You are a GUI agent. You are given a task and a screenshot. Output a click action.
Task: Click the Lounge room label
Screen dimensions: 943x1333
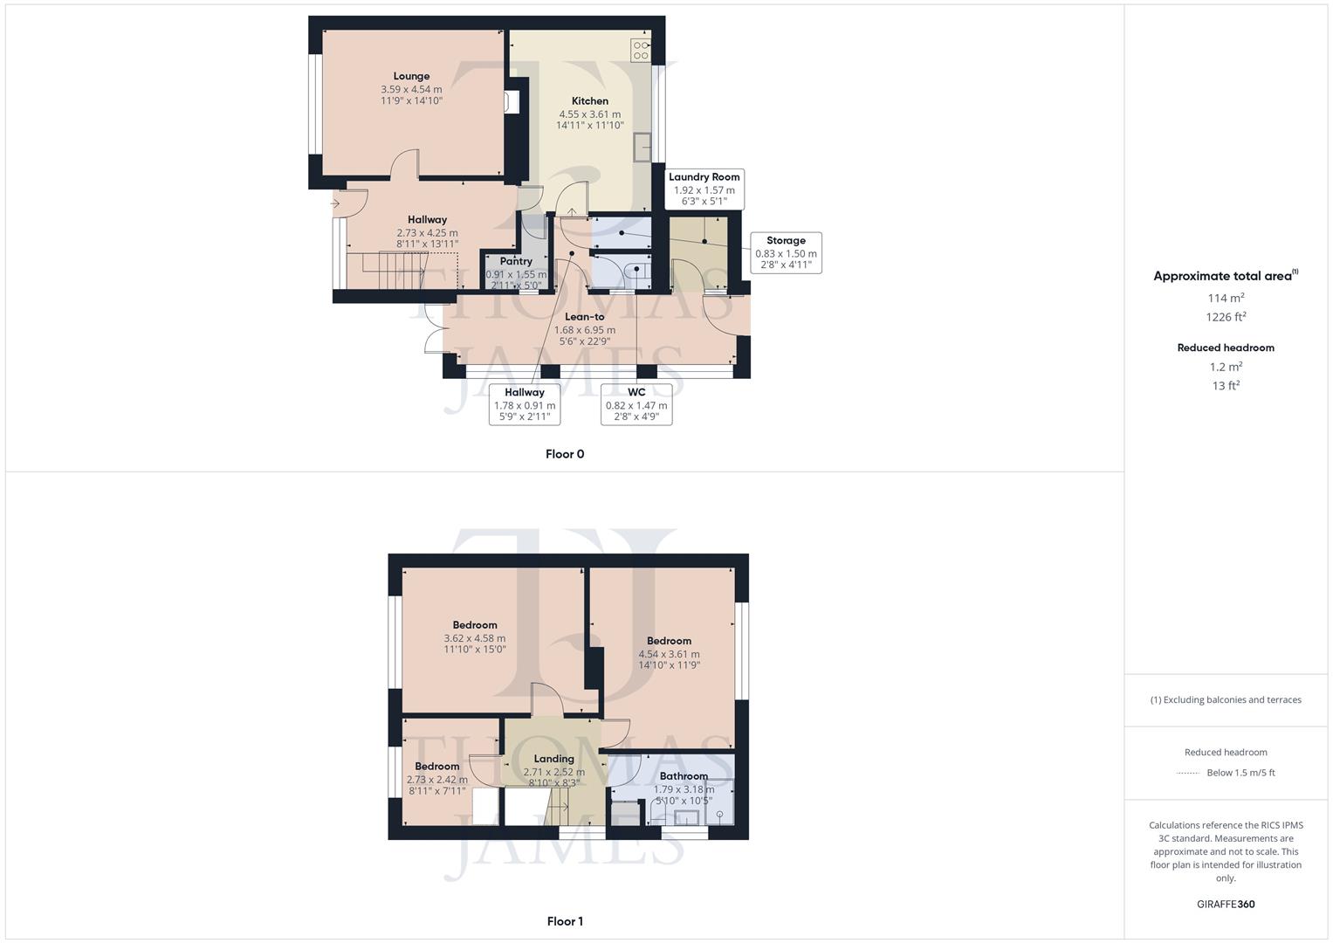(411, 76)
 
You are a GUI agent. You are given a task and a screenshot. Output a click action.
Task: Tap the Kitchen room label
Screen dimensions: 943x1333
(590, 101)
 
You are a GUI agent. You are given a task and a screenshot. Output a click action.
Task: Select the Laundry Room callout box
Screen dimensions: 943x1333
(704, 189)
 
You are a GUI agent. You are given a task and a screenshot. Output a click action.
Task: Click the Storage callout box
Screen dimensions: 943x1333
(786, 252)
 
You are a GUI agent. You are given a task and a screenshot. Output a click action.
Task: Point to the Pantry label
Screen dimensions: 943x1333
(516, 261)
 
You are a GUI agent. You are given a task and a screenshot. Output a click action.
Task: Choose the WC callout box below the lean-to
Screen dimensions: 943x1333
(636, 403)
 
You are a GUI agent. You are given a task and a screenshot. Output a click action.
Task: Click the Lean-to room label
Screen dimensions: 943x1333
(585, 317)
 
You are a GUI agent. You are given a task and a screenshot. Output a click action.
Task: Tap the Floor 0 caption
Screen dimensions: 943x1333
(565, 454)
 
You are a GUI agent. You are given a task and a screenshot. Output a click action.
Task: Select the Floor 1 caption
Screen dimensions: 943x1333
(565, 921)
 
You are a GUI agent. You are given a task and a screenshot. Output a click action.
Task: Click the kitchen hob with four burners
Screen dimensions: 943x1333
(641, 50)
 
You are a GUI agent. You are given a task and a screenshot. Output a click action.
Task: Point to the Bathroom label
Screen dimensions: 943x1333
(684, 776)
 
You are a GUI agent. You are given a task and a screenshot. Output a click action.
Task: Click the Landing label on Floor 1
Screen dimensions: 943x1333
(554, 759)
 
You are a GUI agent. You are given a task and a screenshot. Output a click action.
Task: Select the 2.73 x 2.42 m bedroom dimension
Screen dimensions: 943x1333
(437, 780)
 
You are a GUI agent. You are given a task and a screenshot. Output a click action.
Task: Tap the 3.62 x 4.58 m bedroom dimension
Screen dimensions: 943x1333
(475, 638)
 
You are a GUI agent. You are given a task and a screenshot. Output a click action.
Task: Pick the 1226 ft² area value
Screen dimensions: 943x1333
(1226, 317)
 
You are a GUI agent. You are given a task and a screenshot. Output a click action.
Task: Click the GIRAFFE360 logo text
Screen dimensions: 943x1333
(1226, 905)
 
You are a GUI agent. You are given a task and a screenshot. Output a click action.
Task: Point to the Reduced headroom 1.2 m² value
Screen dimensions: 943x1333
(1226, 367)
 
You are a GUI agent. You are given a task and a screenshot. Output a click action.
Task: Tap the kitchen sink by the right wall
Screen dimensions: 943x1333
(644, 148)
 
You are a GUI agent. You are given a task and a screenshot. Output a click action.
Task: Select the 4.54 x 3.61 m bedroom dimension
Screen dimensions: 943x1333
(669, 654)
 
